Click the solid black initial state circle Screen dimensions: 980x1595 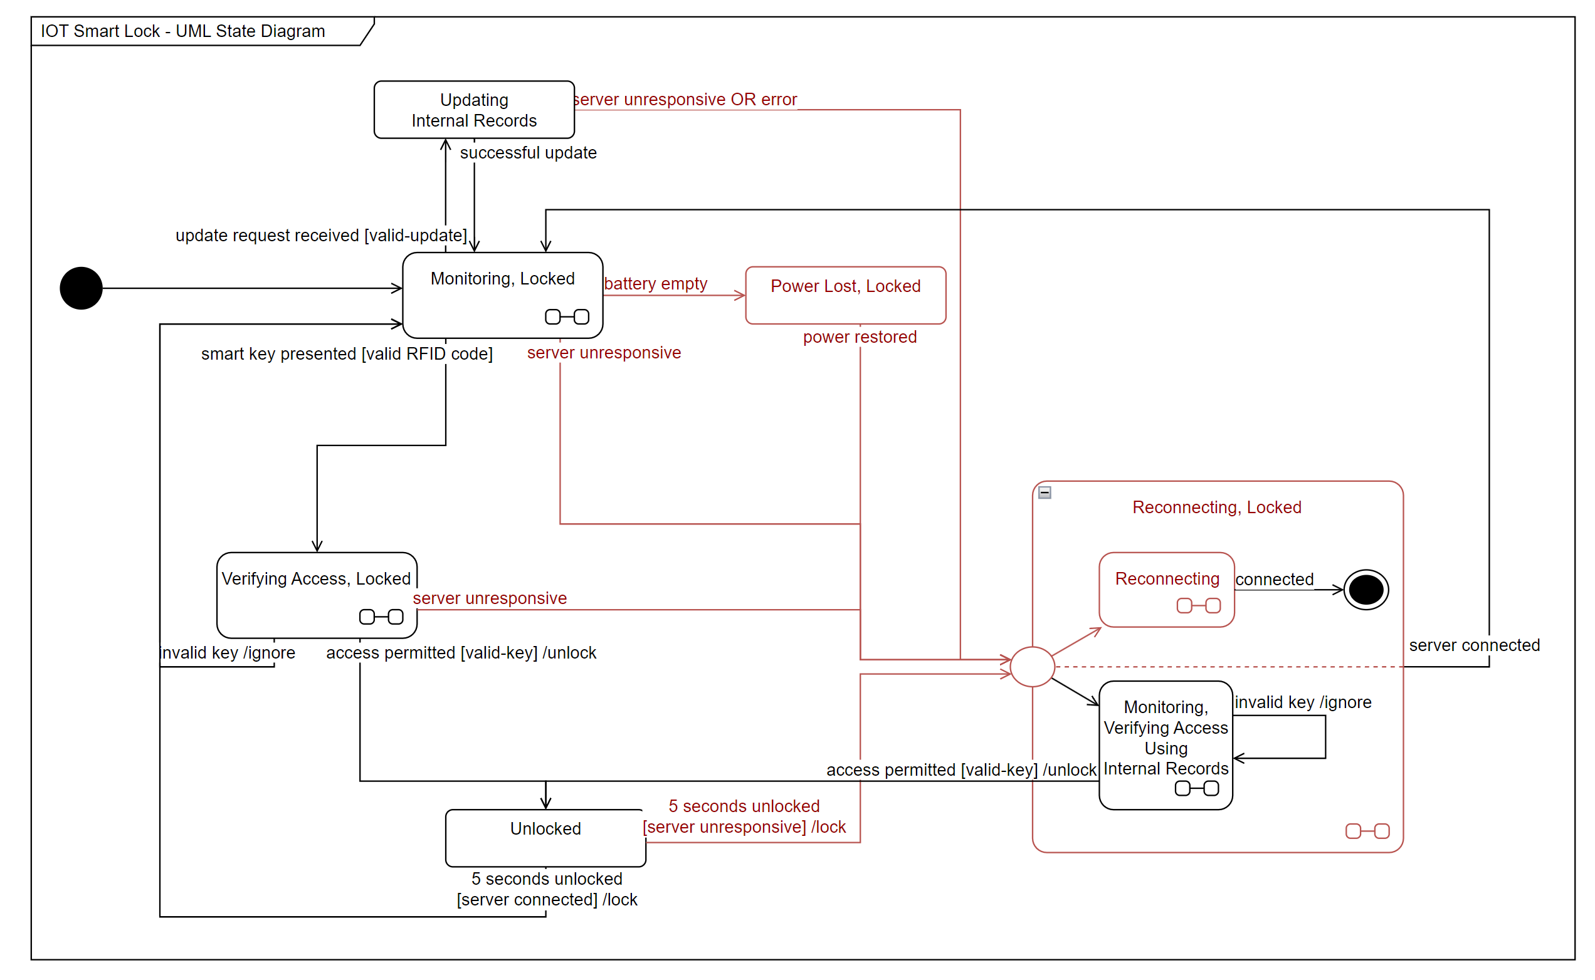81,288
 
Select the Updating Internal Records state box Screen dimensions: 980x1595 473,110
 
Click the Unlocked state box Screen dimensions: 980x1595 545,837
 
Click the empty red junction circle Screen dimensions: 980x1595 1031,666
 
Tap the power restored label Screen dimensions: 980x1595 859,336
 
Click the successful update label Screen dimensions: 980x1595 528,152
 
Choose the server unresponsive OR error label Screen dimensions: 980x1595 685,99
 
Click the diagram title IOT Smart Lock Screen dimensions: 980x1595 183,31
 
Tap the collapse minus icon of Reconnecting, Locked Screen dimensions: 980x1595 1044,492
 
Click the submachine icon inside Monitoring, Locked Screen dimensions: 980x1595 567,316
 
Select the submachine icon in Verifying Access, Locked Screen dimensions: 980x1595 381,617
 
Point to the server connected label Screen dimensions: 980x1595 1473,645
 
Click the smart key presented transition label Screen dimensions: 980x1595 346,353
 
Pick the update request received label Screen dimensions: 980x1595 321,234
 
